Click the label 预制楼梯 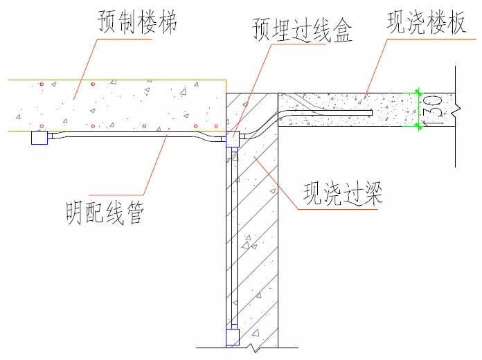click(x=137, y=22)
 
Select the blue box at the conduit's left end click(x=39, y=138)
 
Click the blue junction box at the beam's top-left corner click(x=233, y=138)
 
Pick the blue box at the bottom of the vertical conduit click(x=233, y=337)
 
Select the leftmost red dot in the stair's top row click(x=42, y=84)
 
